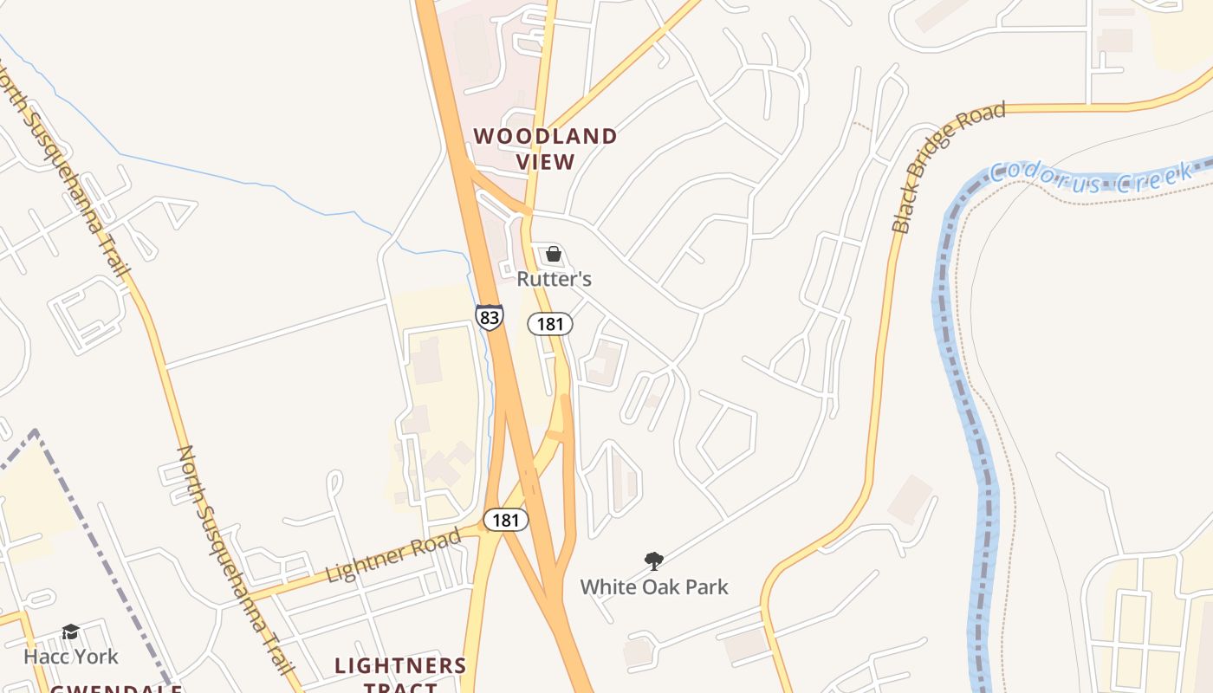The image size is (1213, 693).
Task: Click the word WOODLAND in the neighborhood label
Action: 545,136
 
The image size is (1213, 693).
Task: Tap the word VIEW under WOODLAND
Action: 546,162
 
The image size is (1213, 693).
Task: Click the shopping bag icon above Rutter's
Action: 554,255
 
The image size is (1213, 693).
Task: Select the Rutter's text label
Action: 554,279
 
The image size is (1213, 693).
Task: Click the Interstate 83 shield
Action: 490,317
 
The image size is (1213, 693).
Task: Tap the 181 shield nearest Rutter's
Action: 550,325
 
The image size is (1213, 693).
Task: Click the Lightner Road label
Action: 394,556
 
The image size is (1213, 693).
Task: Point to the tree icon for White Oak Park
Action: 654,561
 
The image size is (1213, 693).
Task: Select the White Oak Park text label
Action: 654,587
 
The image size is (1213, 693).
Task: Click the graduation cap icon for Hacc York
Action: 70,632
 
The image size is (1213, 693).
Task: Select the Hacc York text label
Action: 70,657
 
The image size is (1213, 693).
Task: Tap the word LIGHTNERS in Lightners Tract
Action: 400,666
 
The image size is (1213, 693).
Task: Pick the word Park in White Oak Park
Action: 704,587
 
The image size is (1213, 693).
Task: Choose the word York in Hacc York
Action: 95,657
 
